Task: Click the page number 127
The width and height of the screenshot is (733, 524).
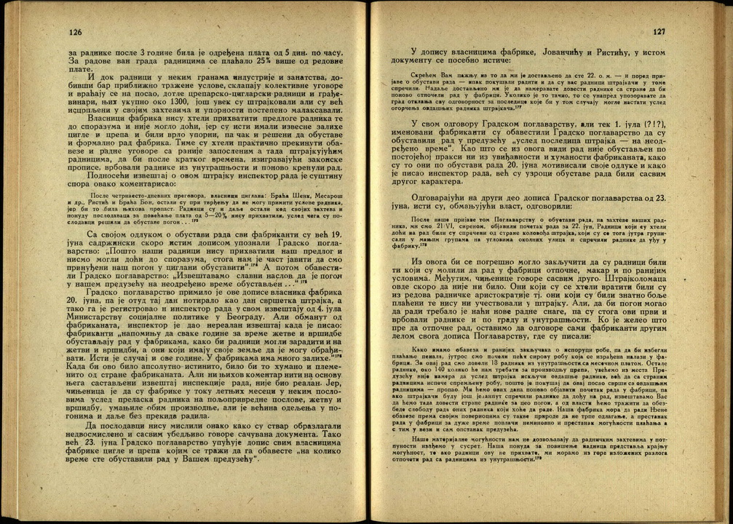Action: [x=659, y=32]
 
